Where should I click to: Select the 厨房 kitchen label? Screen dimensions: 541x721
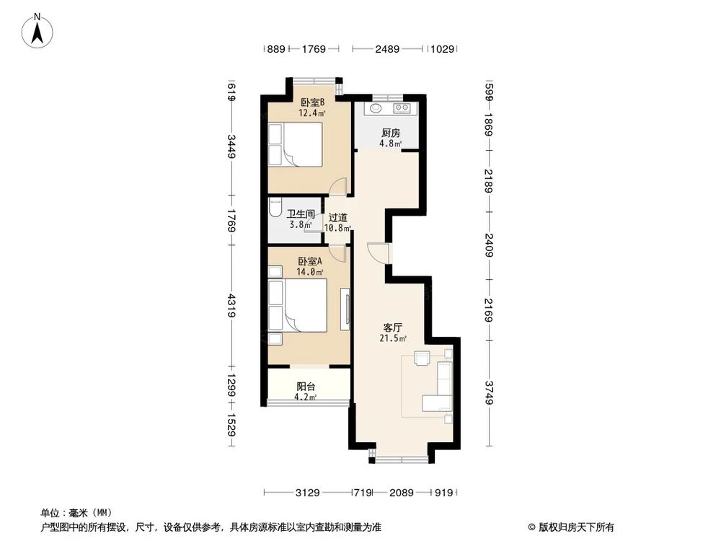(390, 133)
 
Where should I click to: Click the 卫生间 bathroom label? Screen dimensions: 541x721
(300, 214)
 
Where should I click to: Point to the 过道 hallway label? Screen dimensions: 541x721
(337, 217)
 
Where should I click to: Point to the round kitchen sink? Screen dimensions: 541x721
(375, 110)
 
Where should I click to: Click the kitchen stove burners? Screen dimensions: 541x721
(402, 110)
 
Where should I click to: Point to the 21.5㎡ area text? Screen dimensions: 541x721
(393, 338)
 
